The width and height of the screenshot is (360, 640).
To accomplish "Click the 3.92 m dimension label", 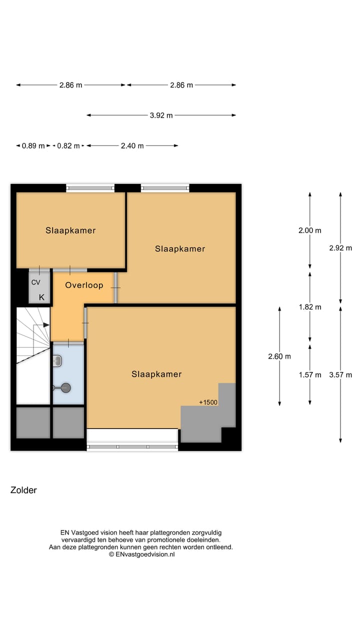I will point(161,115).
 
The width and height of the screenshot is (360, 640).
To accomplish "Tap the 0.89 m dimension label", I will point(33,146).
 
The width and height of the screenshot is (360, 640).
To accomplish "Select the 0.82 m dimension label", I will point(68,146).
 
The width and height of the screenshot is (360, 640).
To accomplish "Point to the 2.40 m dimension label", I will point(132,146).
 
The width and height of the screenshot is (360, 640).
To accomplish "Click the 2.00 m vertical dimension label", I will point(310,230).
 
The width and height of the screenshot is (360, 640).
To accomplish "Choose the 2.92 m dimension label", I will point(340,247).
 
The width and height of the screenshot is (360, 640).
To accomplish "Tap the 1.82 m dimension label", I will point(310,307).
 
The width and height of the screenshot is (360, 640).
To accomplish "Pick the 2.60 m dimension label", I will point(279,356).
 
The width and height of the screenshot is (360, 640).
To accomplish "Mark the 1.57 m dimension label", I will point(310,374).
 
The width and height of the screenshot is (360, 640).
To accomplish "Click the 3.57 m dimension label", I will point(340,374).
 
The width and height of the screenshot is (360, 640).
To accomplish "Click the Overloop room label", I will point(84,285).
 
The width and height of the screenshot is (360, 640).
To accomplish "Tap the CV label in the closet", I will point(35,282).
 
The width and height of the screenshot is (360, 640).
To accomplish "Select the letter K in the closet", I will point(41,297).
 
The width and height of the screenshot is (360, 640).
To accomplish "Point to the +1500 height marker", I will point(208,402).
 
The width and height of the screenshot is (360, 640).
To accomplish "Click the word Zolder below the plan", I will point(23,490).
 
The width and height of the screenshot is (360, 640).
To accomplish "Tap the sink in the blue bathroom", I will point(57,360).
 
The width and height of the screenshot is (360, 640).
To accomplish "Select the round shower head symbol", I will point(65,387).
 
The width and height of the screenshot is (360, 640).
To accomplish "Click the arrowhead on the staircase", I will point(46,325).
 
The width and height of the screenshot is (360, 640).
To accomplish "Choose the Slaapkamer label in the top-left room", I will point(70,230).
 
